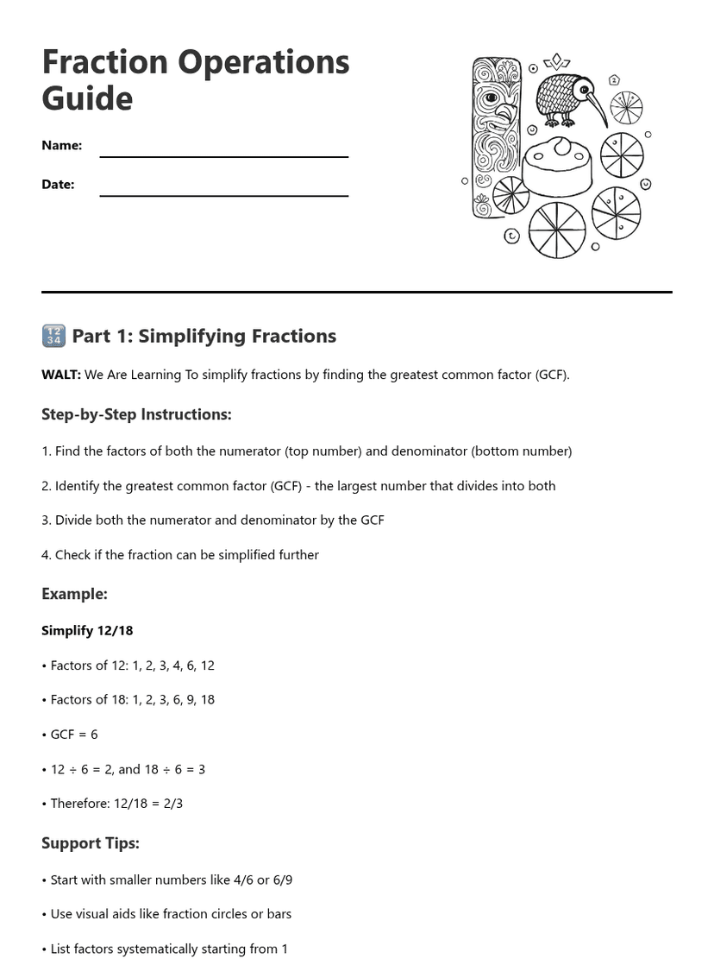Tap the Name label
(61, 146)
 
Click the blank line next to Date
(223, 195)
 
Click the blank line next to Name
(223, 156)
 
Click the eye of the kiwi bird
(584, 88)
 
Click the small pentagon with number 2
(614, 80)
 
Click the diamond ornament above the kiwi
(556, 61)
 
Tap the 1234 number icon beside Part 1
(53, 336)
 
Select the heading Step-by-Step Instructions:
(136, 414)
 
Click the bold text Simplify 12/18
(87, 631)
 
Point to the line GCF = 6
(73, 735)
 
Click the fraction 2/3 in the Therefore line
(172, 804)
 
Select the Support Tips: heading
(90, 843)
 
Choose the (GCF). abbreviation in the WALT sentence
(552, 375)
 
